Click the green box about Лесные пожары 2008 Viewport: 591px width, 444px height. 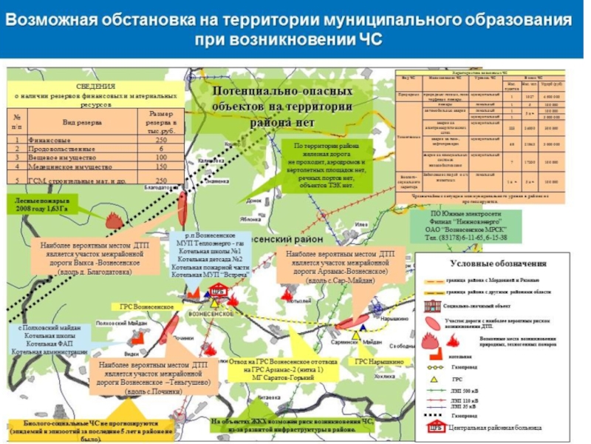41,204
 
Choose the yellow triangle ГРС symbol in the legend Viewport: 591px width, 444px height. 434,379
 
